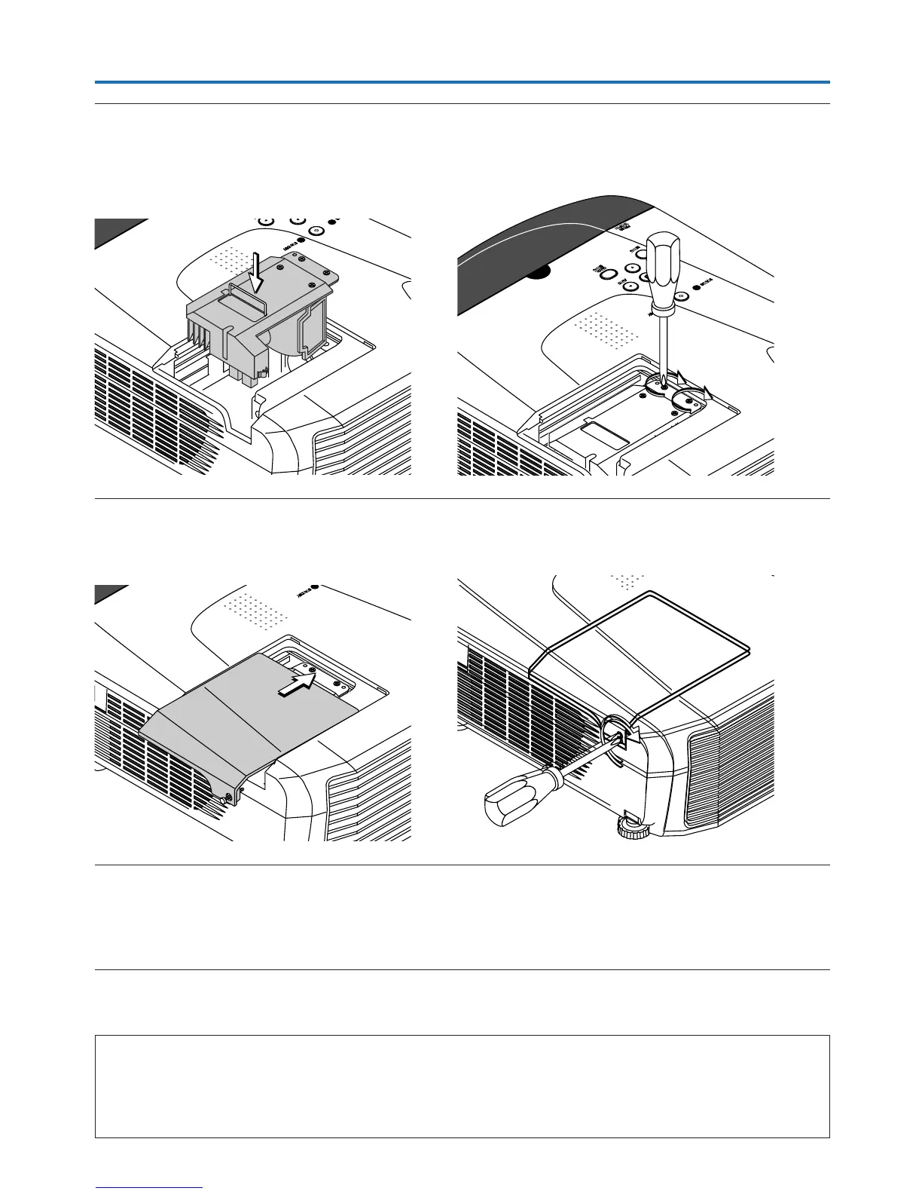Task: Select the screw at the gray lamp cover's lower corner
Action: tap(229, 794)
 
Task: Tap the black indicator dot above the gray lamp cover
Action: tap(316, 586)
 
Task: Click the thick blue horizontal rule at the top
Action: tap(462, 82)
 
